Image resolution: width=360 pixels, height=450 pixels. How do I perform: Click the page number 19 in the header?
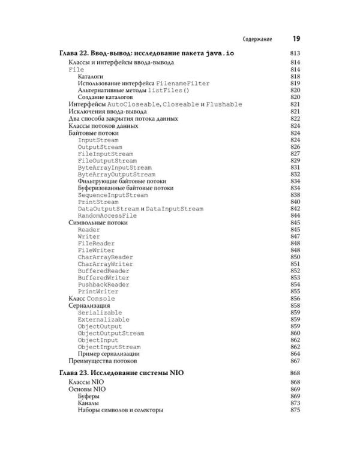click(x=296, y=39)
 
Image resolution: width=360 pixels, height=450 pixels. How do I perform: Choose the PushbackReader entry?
click(x=103, y=285)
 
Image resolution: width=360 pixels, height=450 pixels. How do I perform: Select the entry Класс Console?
click(x=92, y=299)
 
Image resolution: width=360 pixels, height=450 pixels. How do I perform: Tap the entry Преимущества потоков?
click(x=103, y=361)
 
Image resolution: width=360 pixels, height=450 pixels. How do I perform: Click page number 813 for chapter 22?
click(x=294, y=54)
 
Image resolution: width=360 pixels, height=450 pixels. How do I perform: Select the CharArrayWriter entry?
click(x=106, y=264)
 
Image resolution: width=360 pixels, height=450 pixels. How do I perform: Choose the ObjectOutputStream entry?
click(x=111, y=334)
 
